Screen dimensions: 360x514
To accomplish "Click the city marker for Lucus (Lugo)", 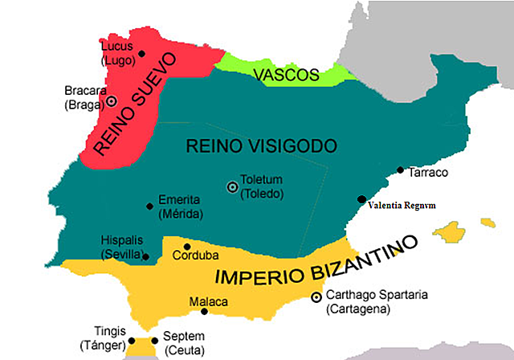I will pos(142,54).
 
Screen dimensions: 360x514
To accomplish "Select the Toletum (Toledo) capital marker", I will pos(233,186).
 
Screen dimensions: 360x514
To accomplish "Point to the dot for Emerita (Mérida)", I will pos(149,206).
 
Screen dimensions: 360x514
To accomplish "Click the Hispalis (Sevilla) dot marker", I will pos(145,256).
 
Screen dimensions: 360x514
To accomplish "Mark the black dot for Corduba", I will pos(187,247).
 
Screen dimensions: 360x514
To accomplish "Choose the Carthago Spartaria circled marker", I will pos(316,297).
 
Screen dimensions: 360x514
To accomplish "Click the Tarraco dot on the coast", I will pos(400,170).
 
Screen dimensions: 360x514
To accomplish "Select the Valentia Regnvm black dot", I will pos(361,199).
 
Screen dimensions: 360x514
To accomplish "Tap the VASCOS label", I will pos(282,76).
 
